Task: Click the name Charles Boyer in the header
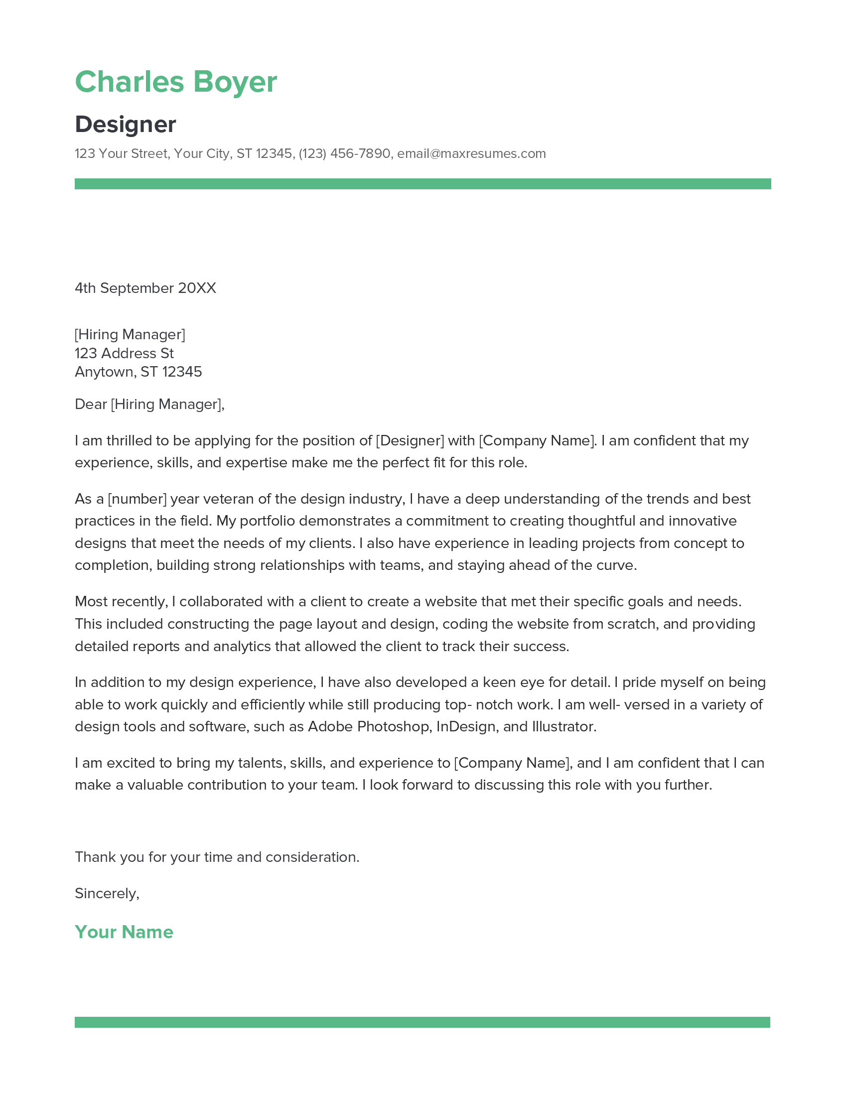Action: click(175, 82)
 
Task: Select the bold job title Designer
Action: click(126, 125)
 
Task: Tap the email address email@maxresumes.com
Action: click(471, 153)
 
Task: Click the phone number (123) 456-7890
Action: click(344, 153)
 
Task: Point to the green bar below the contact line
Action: click(423, 184)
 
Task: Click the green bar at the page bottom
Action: click(423, 1022)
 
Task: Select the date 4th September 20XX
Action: click(145, 288)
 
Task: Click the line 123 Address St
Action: click(124, 353)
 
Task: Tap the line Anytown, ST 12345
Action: click(138, 372)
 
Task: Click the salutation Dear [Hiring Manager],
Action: click(149, 405)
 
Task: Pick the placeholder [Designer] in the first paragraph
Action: click(410, 440)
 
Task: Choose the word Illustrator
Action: click(564, 727)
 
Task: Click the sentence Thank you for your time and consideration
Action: click(217, 857)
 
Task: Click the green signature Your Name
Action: click(124, 932)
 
